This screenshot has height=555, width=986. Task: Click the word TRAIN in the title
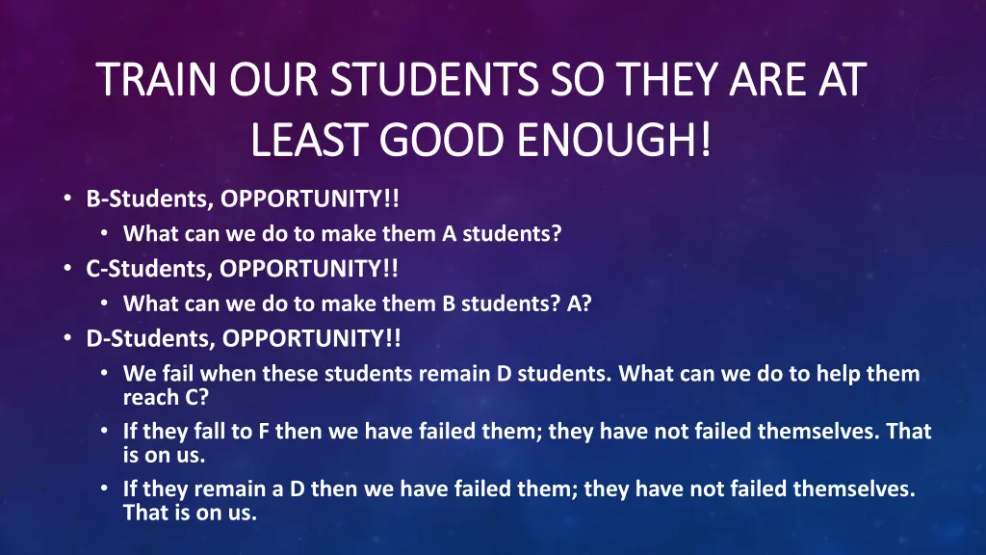156,80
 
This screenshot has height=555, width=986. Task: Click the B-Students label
149,198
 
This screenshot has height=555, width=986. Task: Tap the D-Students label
150,338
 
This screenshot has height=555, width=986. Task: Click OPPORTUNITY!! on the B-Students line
310,198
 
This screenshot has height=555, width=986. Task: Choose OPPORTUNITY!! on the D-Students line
311,338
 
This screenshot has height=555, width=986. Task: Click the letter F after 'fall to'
263,431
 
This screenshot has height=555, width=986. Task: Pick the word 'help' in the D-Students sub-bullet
838,373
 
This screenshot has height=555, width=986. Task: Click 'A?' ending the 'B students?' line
580,304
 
